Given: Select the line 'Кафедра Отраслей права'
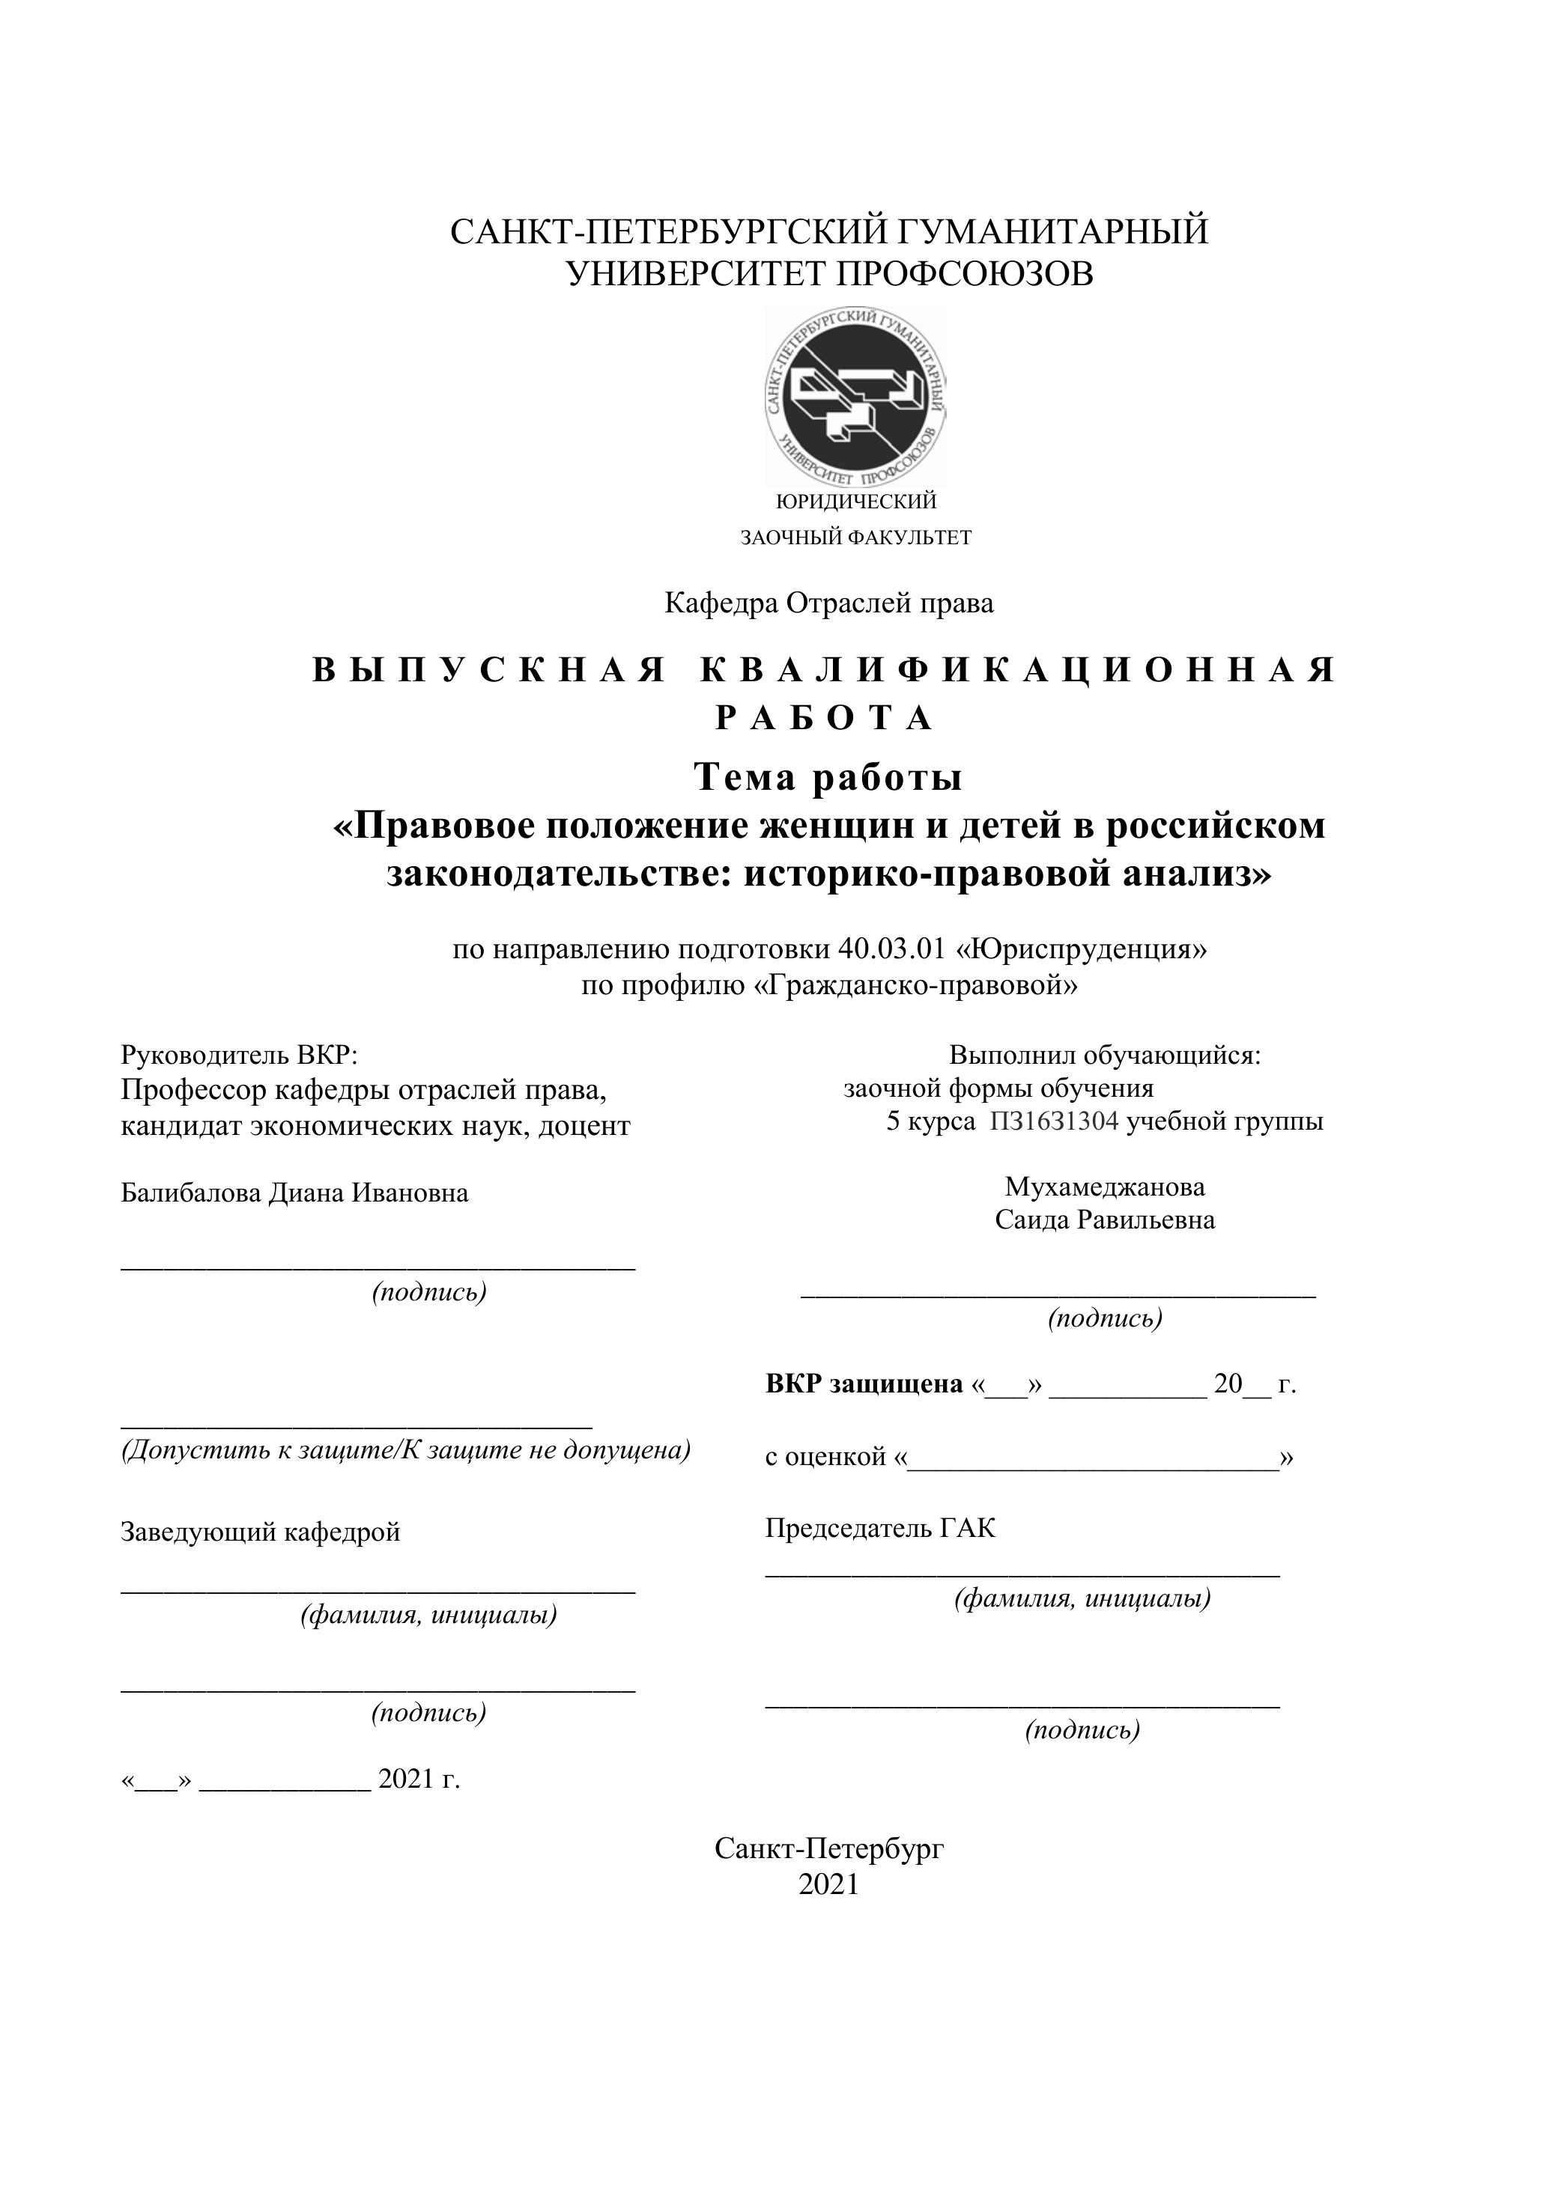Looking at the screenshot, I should (829, 603).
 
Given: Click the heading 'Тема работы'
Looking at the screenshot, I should (828, 777).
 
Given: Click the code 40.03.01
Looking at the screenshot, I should (891, 949).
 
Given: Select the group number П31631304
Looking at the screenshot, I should (1054, 1121).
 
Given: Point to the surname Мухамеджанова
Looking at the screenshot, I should (1105, 1187).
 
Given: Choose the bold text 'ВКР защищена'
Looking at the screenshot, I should (864, 1384).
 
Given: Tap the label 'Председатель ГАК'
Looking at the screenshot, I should (879, 1528).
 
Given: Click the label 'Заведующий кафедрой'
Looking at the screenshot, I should (261, 1532).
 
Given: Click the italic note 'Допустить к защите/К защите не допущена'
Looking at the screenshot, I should (405, 1450).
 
